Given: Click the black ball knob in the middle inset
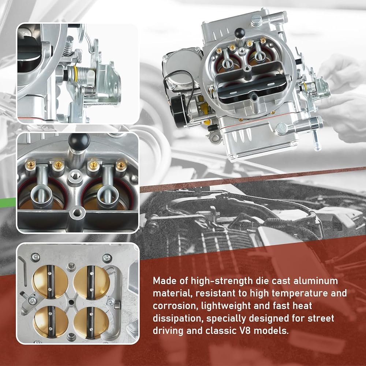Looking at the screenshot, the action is (79, 140).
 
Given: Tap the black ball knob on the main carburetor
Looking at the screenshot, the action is (239, 33).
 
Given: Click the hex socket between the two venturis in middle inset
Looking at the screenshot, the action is (74, 175).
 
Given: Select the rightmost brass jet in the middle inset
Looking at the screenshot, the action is (121, 165).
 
